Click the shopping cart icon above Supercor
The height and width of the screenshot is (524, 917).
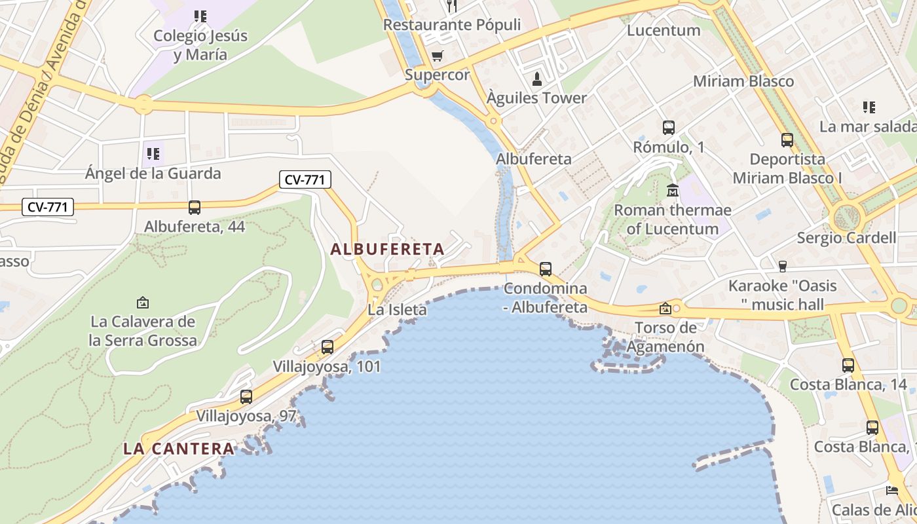point(437,56)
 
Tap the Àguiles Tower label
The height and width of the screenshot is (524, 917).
point(536,98)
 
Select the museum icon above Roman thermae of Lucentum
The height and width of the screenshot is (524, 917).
point(673,191)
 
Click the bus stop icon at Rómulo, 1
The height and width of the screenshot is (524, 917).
point(668,128)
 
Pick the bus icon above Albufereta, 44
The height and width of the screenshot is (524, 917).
point(195,208)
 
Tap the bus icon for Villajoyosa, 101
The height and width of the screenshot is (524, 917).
point(327,347)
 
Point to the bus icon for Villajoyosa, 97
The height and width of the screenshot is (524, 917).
point(246,396)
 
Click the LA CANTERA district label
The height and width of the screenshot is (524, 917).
point(179,449)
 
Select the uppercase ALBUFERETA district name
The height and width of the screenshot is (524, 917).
point(387,249)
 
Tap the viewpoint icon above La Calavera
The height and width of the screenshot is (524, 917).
point(143,303)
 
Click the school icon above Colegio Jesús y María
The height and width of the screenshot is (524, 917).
point(200,16)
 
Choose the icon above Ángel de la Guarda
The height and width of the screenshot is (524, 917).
point(153,154)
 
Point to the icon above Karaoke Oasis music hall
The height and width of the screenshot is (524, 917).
point(782,266)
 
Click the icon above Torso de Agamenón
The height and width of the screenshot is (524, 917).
point(665,308)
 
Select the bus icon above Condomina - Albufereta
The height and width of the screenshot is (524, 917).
point(545,269)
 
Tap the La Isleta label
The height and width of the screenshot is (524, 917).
point(397,310)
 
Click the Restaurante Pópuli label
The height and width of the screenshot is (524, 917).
point(452,25)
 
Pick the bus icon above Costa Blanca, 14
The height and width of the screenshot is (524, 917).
point(848,365)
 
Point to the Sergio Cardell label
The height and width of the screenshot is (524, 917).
point(846,238)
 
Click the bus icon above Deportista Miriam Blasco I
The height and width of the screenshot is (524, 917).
point(787,140)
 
